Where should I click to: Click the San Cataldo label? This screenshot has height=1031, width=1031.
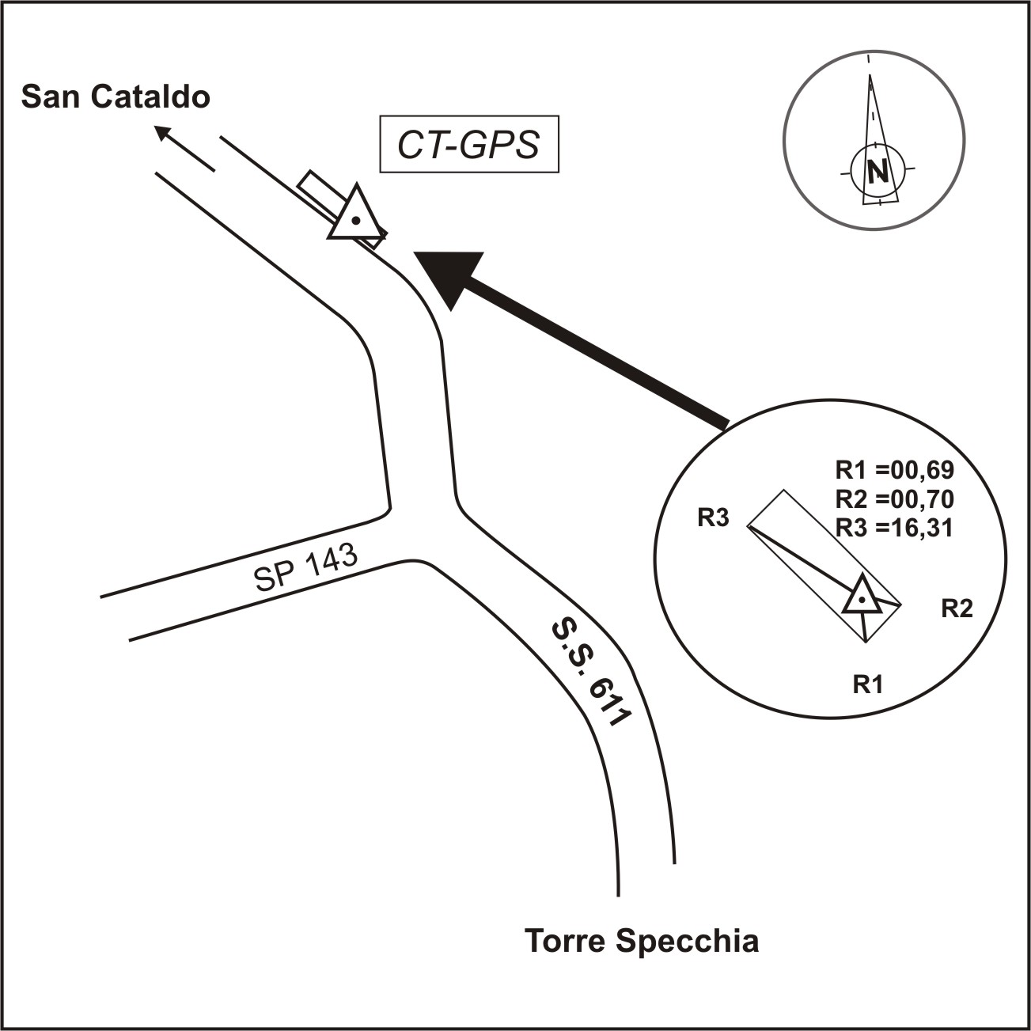[x=116, y=97]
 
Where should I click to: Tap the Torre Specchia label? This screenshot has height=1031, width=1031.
[x=642, y=942]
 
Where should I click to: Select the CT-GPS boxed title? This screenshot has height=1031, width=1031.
[x=469, y=145]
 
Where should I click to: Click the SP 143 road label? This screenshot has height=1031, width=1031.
[x=306, y=568]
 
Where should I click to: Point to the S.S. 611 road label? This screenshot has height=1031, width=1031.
[x=589, y=673]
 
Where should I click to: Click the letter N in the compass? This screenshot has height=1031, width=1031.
[x=876, y=171]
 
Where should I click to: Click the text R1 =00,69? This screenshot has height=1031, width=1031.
[x=895, y=471]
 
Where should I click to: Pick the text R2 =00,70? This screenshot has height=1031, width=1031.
[x=895, y=499]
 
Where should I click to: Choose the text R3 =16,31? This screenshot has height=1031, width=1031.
[x=895, y=528]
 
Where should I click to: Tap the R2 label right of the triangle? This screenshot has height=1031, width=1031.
[x=956, y=608]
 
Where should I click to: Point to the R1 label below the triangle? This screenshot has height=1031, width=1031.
[x=867, y=684]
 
